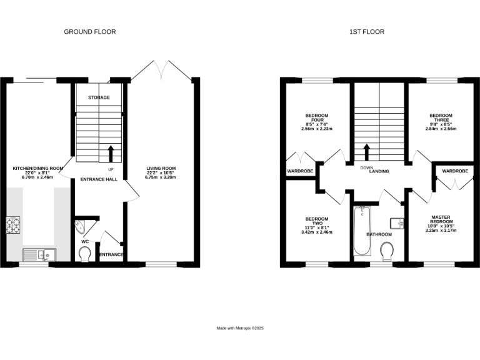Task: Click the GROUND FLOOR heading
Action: click(90, 31)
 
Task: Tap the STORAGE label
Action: click(99, 97)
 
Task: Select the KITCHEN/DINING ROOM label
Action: click(39, 168)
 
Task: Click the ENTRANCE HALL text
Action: click(99, 180)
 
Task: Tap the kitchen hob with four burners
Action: click(13, 224)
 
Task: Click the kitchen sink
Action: click(39, 254)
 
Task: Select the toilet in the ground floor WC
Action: click(84, 253)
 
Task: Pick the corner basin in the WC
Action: click(81, 226)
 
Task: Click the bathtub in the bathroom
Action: click(362, 231)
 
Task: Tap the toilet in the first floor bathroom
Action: click(387, 251)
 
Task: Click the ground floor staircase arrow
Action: click(111, 153)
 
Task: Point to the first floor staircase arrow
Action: click(367, 152)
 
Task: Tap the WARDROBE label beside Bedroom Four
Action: click(299, 171)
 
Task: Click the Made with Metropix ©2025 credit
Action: click(241, 328)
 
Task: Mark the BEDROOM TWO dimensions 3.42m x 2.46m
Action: click(317, 232)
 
